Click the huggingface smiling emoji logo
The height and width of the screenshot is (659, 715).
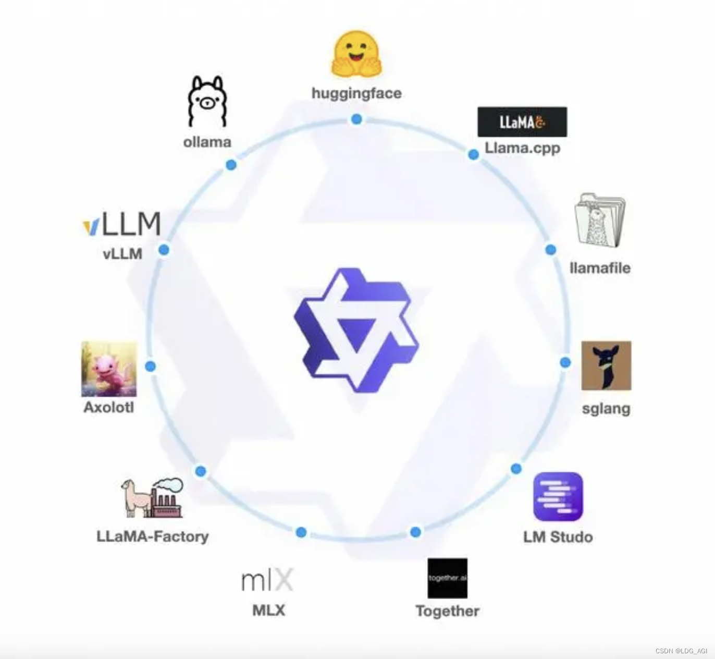point(356,55)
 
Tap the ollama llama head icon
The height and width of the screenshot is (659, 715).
point(207,101)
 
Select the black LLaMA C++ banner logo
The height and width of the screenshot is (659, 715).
point(522,122)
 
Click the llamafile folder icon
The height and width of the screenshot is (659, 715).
point(600,220)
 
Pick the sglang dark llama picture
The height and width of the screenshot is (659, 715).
point(606,365)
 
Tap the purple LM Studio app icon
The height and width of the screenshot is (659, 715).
point(558,496)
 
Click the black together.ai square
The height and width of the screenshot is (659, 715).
point(447,578)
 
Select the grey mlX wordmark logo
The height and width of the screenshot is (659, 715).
point(267,580)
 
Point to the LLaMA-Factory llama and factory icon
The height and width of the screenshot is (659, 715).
point(152,498)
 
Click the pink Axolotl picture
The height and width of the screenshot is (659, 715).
point(109,369)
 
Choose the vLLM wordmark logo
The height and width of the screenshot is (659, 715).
point(122,224)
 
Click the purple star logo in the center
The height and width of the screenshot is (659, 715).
point(356,330)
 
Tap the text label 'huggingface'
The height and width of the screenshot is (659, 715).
point(356,93)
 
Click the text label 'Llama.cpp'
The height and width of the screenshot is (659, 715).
point(522,148)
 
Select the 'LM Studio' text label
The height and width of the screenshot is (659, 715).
point(558,537)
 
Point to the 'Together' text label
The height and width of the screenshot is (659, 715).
point(447,611)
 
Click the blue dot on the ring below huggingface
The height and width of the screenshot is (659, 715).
point(356,119)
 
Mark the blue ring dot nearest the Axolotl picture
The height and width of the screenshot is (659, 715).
point(151,367)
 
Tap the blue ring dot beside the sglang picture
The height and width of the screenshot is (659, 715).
point(565,362)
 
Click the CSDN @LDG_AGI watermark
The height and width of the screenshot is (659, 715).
point(681,651)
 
